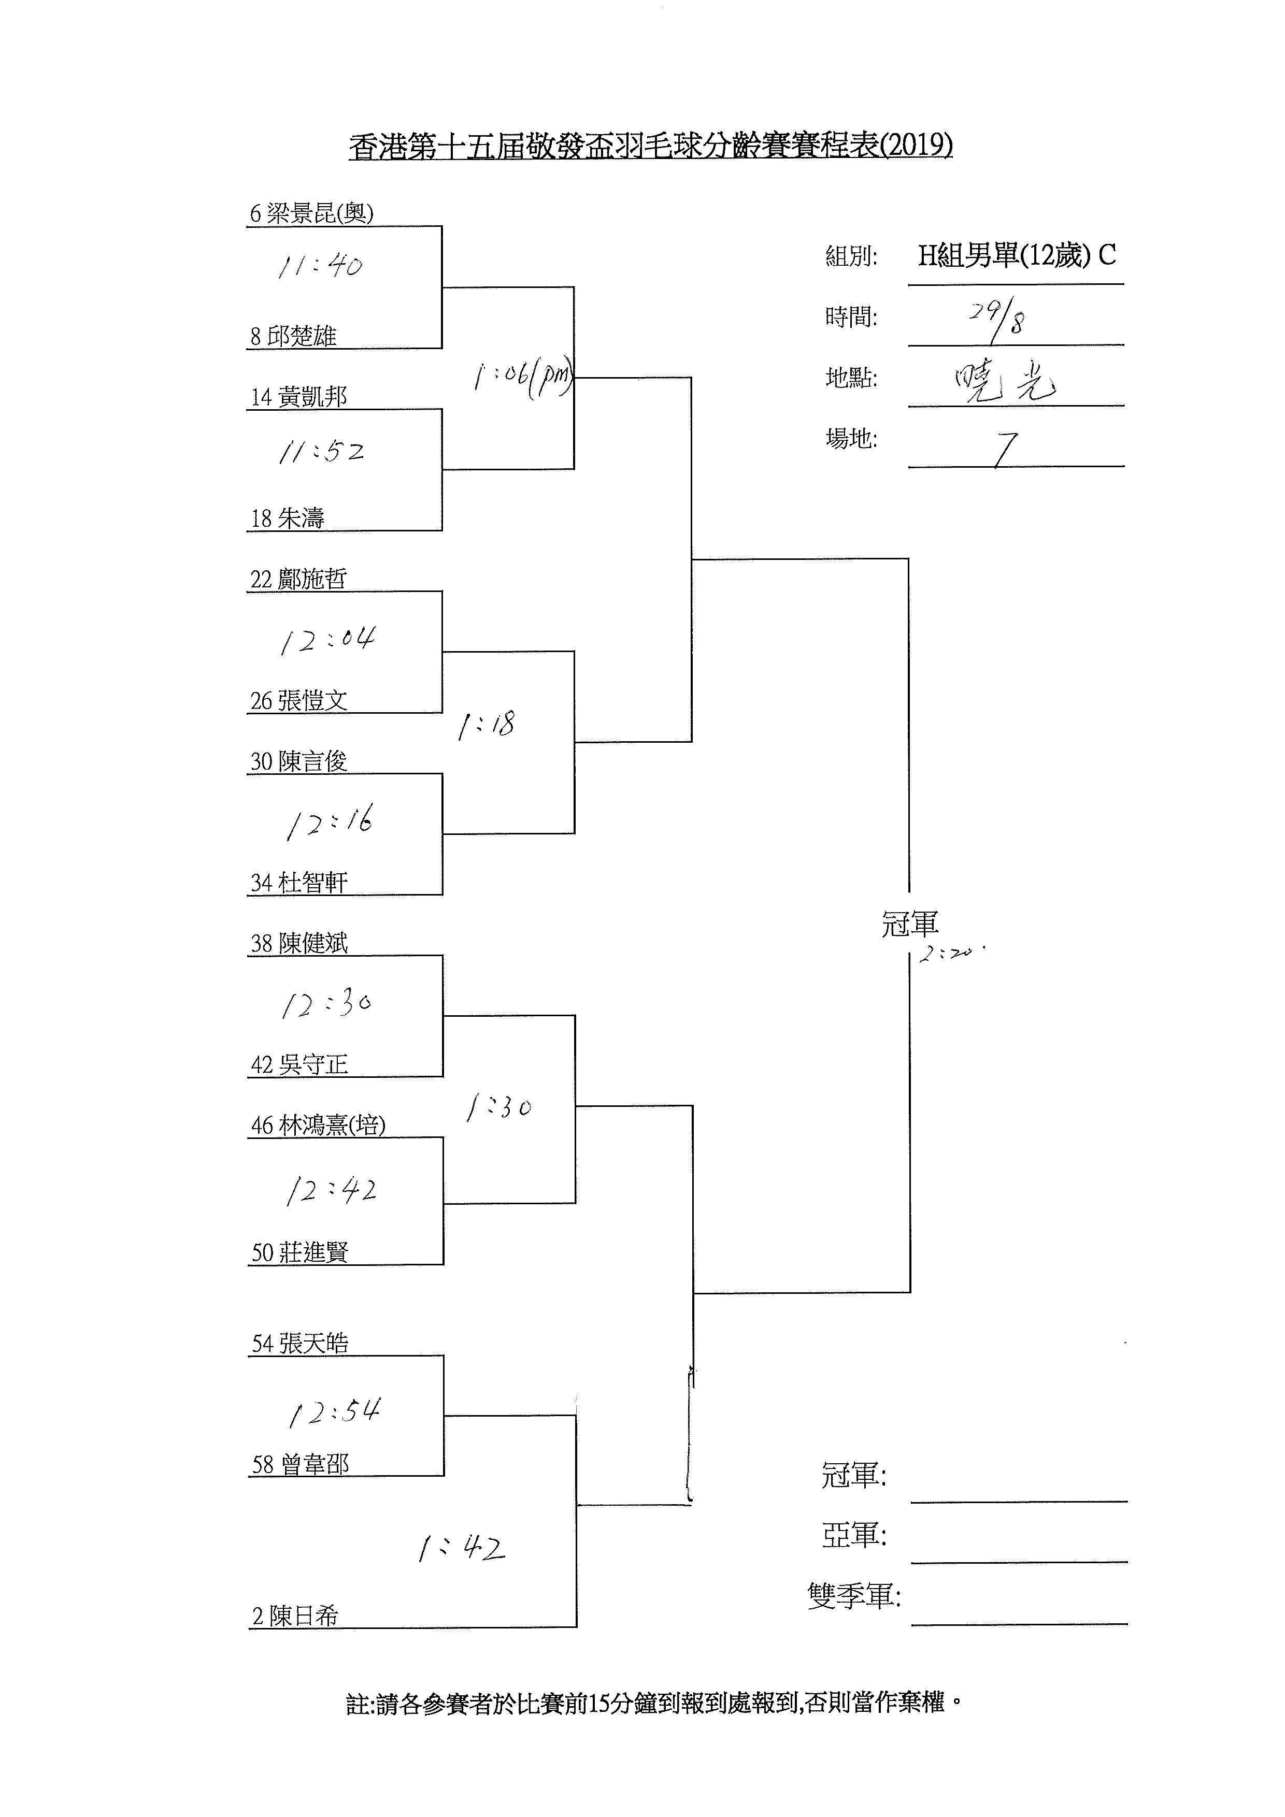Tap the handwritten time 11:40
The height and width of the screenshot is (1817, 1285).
click(x=320, y=265)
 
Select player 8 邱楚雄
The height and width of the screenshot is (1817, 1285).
click(x=294, y=336)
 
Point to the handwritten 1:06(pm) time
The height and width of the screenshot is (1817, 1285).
click(x=523, y=378)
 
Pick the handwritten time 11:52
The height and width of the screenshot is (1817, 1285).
click(x=321, y=452)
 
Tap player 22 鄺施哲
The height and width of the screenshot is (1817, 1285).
click(x=299, y=579)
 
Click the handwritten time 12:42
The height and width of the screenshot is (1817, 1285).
click(x=331, y=1190)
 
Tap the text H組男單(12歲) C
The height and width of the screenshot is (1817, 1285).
click(x=1017, y=256)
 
